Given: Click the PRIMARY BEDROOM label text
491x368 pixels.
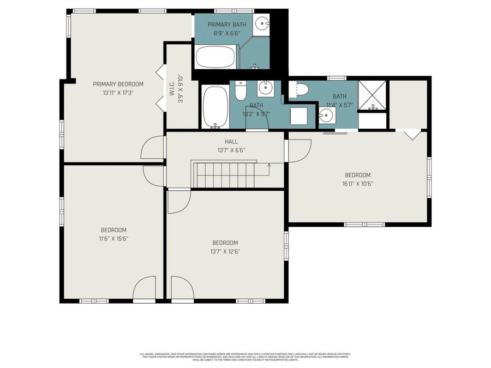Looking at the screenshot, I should pos(118,84).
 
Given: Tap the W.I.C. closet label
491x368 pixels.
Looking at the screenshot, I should pos(171,87).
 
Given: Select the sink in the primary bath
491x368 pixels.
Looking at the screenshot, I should pos(263,23).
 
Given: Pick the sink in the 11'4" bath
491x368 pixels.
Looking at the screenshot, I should pos(326,115).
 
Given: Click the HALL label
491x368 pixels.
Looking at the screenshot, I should pos(224,142).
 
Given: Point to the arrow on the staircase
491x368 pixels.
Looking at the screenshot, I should pos(268,165).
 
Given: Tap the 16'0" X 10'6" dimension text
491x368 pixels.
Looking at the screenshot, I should pos(357,184).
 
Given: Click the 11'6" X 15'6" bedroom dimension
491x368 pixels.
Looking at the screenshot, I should pos(113,238).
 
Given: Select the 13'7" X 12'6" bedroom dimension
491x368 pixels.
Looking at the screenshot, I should pos(225,251).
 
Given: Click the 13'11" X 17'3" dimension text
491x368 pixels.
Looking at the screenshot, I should pos(118,93).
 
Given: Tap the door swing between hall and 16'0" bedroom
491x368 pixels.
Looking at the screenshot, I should pos(299,150).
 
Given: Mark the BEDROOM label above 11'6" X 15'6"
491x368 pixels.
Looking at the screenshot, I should pos(113,230).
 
